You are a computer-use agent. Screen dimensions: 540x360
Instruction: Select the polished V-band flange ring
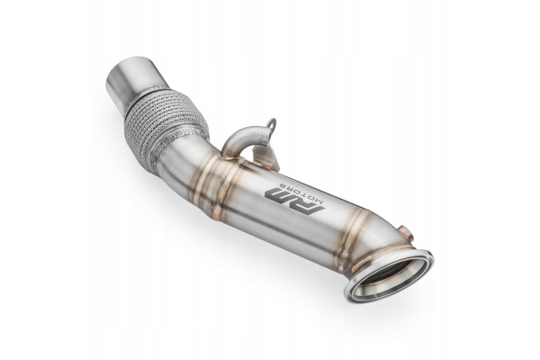(x=389, y=274)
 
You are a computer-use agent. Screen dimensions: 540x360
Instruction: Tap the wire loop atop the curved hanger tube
(x=272, y=124)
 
